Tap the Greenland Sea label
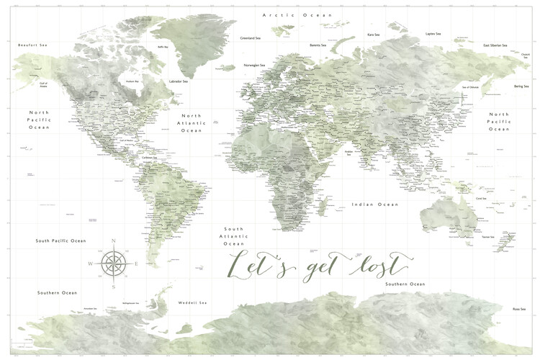click(251, 38)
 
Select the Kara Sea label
click(374, 34)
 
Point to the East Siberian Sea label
click(497, 45)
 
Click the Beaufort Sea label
click(32, 45)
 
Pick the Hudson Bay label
click(132, 81)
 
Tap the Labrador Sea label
click(178, 81)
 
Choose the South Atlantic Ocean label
click(236, 235)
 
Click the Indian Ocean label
click(374, 204)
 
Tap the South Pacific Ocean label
click(61, 240)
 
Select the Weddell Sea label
click(192, 302)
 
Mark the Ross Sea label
click(518, 308)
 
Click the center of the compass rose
click(113, 263)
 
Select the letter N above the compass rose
click(113, 240)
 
